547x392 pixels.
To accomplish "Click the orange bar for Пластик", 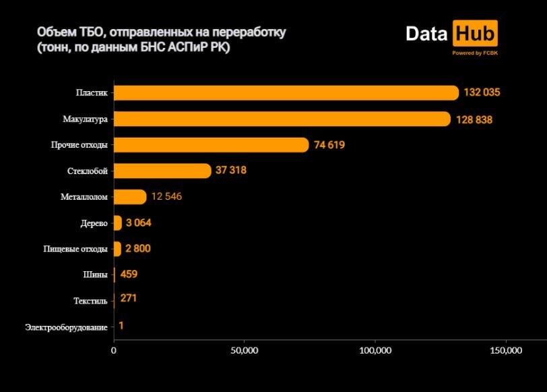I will tap(286, 93).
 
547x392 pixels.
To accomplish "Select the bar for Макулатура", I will tap(282, 119).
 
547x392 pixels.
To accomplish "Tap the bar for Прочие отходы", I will tap(211, 145).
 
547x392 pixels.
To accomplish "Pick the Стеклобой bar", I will tap(162, 171).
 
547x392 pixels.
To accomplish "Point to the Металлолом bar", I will tap(129, 197).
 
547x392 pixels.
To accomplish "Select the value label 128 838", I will tap(474, 119).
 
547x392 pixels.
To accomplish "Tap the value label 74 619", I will tap(329, 145).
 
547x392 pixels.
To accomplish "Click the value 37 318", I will tap(231, 171).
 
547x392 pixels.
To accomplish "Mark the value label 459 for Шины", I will tap(129, 275).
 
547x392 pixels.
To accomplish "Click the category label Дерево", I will tap(94, 223).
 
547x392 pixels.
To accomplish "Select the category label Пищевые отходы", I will tap(75, 249).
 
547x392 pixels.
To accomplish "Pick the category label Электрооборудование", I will tap(66, 327).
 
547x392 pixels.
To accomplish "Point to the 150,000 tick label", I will tap(505, 351).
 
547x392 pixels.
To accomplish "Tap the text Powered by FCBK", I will tap(475, 53).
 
